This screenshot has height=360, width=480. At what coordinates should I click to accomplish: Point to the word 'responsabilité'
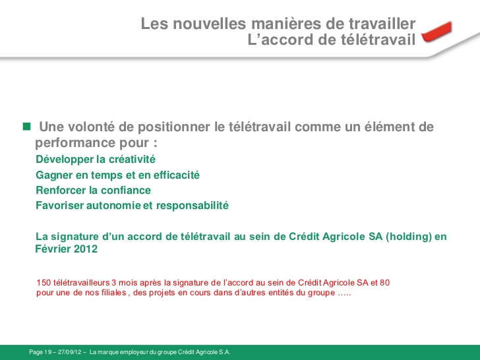191,206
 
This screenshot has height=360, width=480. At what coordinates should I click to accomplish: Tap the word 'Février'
51,250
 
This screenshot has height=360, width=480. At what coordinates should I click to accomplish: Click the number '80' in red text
384,283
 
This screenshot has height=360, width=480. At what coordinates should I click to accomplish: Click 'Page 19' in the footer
40,353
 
